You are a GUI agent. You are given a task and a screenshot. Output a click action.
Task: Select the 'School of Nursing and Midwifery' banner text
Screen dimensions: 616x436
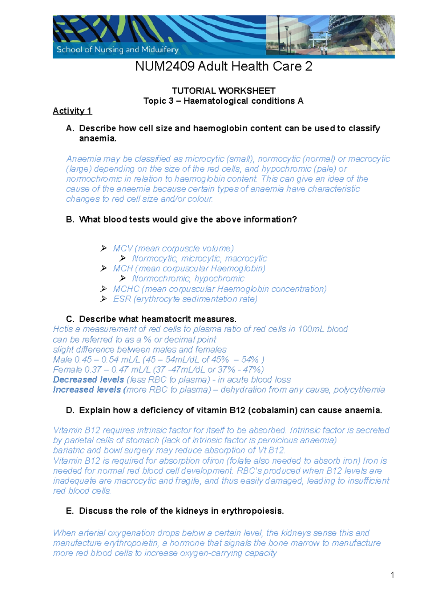pyautogui.click(x=117, y=50)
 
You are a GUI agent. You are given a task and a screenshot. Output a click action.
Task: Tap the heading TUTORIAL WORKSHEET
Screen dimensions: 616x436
pyautogui.click(x=223, y=91)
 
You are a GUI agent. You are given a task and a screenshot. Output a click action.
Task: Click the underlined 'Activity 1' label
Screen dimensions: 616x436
pyautogui.click(x=72, y=111)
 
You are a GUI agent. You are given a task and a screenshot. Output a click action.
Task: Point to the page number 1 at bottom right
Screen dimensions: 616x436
pyautogui.click(x=392, y=575)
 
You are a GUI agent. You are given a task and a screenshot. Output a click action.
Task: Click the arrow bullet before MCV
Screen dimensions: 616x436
pyautogui.click(x=104, y=248)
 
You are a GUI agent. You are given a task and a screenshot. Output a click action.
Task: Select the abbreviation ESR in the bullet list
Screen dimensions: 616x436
pyautogui.click(x=122, y=299)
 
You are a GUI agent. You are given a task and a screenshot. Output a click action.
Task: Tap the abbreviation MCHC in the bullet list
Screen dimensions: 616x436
pyautogui.click(x=126, y=289)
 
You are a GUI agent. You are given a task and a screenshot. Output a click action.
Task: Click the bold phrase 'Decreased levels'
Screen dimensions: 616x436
pyautogui.click(x=88, y=379)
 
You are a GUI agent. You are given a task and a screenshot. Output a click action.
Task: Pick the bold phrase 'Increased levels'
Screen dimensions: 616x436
pyautogui.click(x=87, y=390)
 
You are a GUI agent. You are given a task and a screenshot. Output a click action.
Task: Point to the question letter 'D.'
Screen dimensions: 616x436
pyautogui.click(x=70, y=410)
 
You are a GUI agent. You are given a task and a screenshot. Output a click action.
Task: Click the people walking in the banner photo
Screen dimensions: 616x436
pyautogui.click(x=323, y=50)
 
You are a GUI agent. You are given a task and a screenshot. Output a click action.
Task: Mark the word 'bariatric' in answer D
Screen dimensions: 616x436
pyautogui.click(x=69, y=450)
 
